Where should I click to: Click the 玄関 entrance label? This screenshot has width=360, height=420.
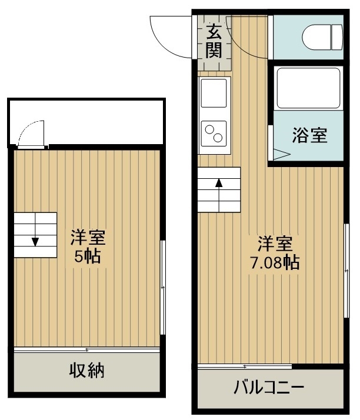click(214, 41)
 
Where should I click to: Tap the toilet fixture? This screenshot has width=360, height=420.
click(322, 37)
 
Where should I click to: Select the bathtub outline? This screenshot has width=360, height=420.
click(308, 88)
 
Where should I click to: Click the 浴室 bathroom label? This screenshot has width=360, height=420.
click(309, 135)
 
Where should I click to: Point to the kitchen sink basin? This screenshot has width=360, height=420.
click(214, 93)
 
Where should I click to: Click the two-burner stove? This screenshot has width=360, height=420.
click(214, 134)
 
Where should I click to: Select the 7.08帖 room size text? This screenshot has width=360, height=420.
click(275, 263)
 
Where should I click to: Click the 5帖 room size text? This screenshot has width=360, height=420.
click(87, 256)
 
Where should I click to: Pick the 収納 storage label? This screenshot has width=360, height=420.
click(87, 371)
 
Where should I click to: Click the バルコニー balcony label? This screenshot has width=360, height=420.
click(269, 387)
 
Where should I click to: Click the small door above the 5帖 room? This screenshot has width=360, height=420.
click(31, 134)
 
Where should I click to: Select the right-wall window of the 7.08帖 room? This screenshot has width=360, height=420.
click(346, 271)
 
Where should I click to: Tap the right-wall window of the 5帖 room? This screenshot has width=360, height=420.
click(162, 288)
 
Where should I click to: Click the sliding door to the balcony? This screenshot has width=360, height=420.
click(245, 366)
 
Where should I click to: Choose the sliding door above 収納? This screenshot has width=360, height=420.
click(87, 350)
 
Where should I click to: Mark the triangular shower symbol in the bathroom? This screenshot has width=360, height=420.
click(282, 155)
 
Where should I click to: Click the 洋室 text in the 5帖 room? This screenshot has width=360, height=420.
click(88, 237)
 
